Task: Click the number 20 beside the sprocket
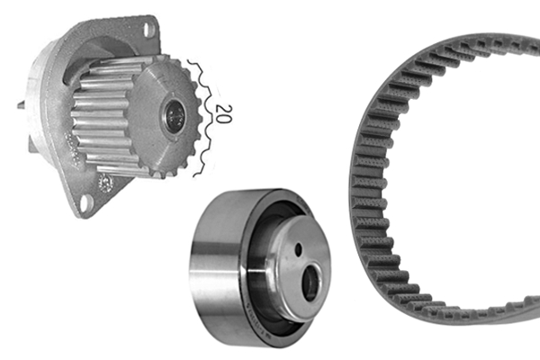tap(222, 112)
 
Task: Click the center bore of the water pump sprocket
tap(176, 113)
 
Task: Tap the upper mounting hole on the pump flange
tap(148, 30)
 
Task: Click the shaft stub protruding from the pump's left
tap(21, 105)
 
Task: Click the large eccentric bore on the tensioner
tap(310, 283)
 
